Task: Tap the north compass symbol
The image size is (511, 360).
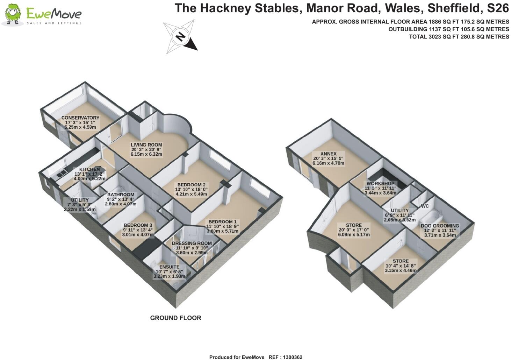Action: coord(180,37)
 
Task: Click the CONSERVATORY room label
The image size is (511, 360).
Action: coord(80,118)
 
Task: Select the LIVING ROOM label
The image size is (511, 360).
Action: coord(146,145)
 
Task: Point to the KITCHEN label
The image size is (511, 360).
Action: coord(89,169)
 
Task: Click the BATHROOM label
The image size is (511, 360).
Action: coord(121,195)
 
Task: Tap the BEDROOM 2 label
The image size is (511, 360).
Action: coord(191,185)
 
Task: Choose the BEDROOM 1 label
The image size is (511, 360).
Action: coord(223,222)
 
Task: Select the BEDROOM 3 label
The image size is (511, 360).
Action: coord(138,225)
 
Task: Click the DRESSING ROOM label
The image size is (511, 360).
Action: coord(192,243)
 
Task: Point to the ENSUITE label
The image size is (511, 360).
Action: coord(169,267)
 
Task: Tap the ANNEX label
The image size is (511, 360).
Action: coord(329,154)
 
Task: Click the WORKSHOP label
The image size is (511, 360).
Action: coord(380,183)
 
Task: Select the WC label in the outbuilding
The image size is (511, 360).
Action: coord(425,206)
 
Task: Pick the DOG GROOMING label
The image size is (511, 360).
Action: coord(440,226)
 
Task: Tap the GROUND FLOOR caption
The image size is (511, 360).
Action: coord(175,318)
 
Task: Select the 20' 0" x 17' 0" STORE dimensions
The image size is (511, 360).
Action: coord(354,230)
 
